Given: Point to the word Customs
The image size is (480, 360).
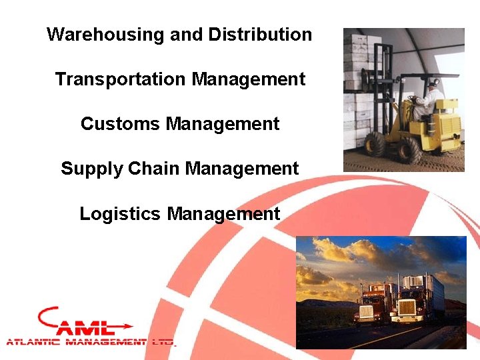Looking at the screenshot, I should pyautogui.click(x=121, y=124).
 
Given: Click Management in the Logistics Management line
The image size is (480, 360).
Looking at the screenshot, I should pyautogui.click(x=223, y=214).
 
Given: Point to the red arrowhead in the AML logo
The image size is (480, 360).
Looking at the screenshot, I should pyautogui.click(x=126, y=327).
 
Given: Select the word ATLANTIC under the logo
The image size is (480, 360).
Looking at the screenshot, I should pyautogui.click(x=33, y=342).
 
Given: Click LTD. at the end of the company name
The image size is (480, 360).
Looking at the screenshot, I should pyautogui.click(x=163, y=342).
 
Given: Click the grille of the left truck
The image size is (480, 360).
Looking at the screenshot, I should pyautogui.click(x=366, y=311).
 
